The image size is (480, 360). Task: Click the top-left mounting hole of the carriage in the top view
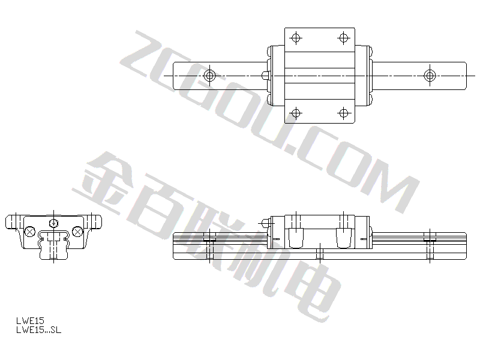[295, 38]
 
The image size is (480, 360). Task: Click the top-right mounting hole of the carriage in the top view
[343, 38]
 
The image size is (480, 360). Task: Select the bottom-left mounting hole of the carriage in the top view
[295, 113]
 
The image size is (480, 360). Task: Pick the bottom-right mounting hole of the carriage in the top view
[343, 113]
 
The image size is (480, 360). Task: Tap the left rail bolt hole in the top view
[209, 76]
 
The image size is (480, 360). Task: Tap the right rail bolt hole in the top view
[430, 76]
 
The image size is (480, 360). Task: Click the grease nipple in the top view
[265, 76]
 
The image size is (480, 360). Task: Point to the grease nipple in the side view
[265, 223]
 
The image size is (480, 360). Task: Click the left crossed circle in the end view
[29, 232]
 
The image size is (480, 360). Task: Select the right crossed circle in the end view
[77, 232]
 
